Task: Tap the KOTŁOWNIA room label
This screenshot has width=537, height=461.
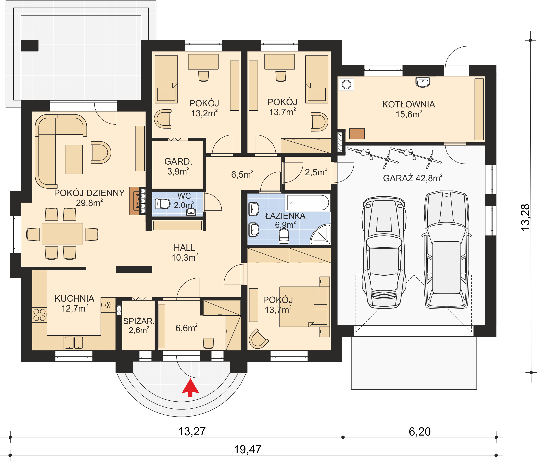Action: click(x=408, y=104)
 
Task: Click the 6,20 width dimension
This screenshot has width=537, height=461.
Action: click(x=420, y=431)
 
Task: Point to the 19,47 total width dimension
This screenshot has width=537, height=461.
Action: click(x=247, y=449)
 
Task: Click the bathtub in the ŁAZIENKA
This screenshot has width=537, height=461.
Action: click(x=308, y=202)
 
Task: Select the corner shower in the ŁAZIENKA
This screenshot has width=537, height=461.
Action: click(x=321, y=234)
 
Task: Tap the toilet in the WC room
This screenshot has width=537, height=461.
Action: click(x=162, y=204)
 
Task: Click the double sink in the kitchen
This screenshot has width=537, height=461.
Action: click(x=74, y=343)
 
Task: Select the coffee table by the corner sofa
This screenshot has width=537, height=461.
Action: click(x=74, y=159)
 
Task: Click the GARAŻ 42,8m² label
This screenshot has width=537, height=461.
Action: click(x=413, y=178)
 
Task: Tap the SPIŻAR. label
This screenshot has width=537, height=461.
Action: click(x=139, y=321)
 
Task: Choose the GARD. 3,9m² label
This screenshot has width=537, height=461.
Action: click(x=178, y=166)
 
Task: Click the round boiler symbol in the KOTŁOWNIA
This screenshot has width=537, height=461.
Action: click(x=346, y=84)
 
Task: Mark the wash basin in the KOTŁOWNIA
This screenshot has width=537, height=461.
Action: click(x=423, y=82)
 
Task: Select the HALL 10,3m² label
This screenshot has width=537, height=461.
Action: click(x=185, y=252)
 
